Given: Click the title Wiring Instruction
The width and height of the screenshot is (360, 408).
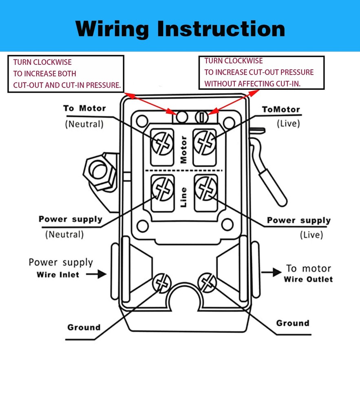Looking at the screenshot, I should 180,29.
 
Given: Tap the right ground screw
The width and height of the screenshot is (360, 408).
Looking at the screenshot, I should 207,282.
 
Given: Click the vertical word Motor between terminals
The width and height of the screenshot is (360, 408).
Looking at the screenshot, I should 183,149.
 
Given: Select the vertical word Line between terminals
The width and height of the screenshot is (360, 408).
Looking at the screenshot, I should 183,197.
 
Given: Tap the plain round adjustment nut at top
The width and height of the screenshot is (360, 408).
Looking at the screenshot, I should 182,117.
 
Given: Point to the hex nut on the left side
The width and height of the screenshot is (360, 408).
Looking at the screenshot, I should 98,171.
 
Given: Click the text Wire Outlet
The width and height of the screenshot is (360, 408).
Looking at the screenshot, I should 308,279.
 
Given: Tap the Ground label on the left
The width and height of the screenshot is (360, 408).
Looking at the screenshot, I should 84,327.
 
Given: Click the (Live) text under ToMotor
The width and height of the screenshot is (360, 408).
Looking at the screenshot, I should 288,123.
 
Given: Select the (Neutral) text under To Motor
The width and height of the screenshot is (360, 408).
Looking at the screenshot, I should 84,124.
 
